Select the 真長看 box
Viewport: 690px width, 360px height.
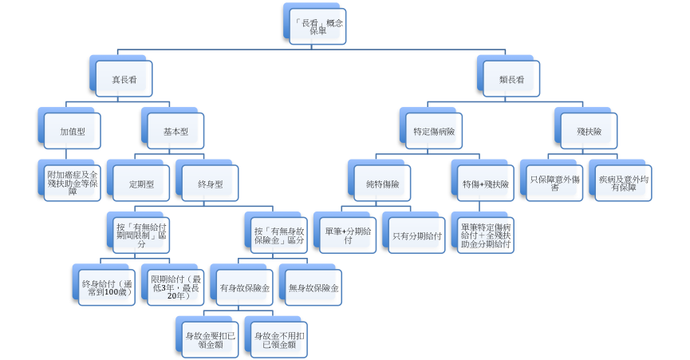coord(121,80)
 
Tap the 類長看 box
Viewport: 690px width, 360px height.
coord(511,80)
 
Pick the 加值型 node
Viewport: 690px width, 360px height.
coord(72,131)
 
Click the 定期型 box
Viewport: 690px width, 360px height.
coord(140,184)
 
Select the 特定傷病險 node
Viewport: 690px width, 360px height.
coord(434,131)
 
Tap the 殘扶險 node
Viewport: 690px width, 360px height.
coord(589,131)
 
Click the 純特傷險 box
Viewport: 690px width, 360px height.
coord(382,184)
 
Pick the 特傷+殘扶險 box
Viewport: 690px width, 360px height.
coord(485,184)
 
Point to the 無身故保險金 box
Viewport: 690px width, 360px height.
coord(312,287)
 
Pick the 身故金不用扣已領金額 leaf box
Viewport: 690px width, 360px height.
coord(277,339)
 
